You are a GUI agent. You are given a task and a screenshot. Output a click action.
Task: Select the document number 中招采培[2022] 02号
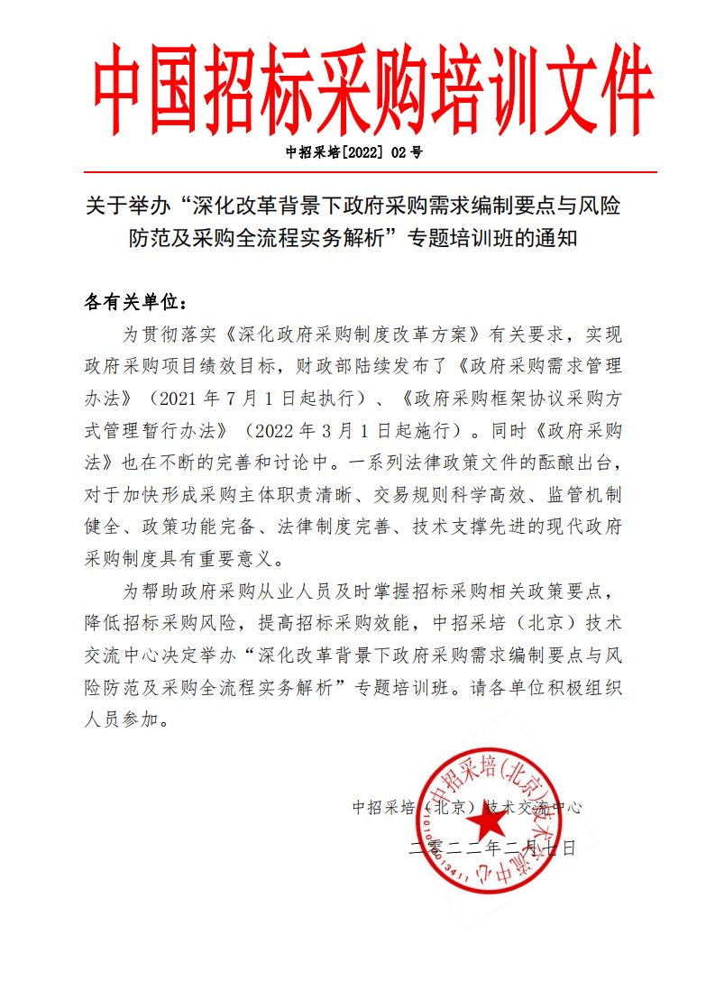353,152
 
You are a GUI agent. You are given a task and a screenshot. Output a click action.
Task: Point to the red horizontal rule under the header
371,171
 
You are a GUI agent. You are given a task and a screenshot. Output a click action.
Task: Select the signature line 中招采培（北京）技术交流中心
466,807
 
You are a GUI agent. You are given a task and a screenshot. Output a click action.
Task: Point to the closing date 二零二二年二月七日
492,847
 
